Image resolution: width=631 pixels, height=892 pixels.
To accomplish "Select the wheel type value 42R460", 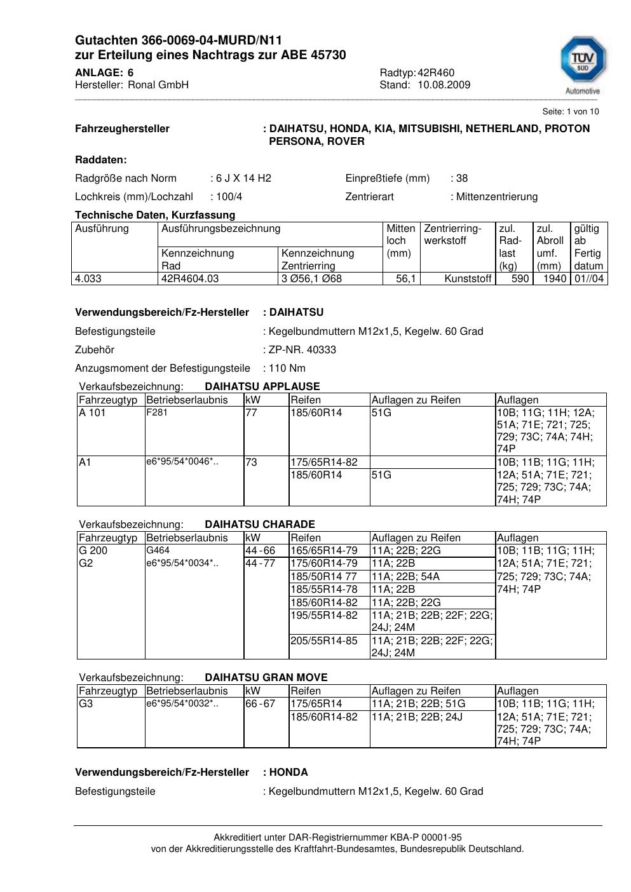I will (436, 72).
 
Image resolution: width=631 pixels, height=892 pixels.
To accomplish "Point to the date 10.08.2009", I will (444, 85).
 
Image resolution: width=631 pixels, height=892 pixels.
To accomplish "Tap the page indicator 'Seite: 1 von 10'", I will (571, 111).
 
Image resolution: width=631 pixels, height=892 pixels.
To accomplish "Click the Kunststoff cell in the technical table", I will (468, 278).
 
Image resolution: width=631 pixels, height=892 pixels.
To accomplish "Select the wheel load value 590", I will (520, 278).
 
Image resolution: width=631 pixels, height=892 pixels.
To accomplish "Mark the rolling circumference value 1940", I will (555, 278).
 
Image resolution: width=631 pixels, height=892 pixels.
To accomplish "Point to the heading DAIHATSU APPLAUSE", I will (262, 386).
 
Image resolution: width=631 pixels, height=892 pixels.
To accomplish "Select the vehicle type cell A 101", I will (92, 413).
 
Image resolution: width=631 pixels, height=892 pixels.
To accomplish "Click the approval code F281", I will (156, 412).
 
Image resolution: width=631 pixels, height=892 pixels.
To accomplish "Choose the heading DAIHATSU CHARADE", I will (260, 524).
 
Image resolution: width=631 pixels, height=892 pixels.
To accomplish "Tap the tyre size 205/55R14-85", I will (324, 640).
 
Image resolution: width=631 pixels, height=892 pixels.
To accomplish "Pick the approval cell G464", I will (158, 550).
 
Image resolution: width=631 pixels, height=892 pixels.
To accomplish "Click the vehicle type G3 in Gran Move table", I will (85, 703).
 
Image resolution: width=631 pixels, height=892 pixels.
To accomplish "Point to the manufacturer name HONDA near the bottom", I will (288, 772).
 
